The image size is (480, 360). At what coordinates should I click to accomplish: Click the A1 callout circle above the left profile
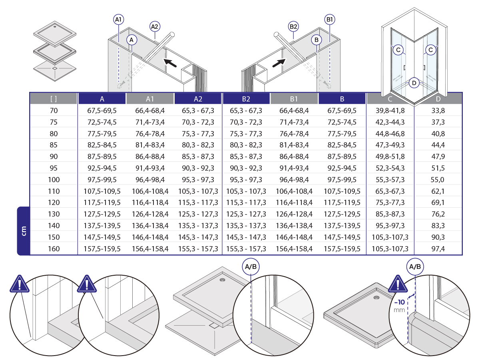(x=118, y=20)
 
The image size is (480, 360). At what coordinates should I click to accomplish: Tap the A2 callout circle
(x=155, y=26)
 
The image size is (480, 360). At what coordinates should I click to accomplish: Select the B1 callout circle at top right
(x=330, y=20)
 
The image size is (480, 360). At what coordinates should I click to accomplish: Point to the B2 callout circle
(x=293, y=26)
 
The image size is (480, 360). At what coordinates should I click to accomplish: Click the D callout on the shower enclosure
(x=414, y=83)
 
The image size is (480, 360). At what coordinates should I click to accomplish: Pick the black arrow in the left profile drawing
(x=170, y=63)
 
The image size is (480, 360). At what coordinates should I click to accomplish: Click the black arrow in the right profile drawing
(x=279, y=63)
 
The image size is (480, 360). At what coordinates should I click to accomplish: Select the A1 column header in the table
(x=150, y=99)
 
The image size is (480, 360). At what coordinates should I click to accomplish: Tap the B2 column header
(x=246, y=99)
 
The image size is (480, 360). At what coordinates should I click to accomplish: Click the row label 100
(x=54, y=180)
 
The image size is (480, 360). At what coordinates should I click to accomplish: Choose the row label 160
(x=54, y=249)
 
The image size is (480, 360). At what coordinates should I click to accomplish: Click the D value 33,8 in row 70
(x=438, y=111)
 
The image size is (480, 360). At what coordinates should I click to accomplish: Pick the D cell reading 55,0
(x=438, y=180)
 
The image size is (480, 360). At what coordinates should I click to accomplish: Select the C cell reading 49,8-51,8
(x=390, y=157)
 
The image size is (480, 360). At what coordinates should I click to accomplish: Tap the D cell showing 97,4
(x=438, y=249)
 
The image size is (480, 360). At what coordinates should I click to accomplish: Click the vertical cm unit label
(x=24, y=231)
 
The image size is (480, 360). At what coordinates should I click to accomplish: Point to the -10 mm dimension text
(x=399, y=306)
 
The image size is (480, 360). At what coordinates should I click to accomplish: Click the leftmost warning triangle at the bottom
(x=20, y=284)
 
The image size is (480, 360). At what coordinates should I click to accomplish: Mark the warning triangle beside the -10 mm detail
(x=398, y=284)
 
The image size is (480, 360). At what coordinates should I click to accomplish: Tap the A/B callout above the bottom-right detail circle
(x=415, y=267)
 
